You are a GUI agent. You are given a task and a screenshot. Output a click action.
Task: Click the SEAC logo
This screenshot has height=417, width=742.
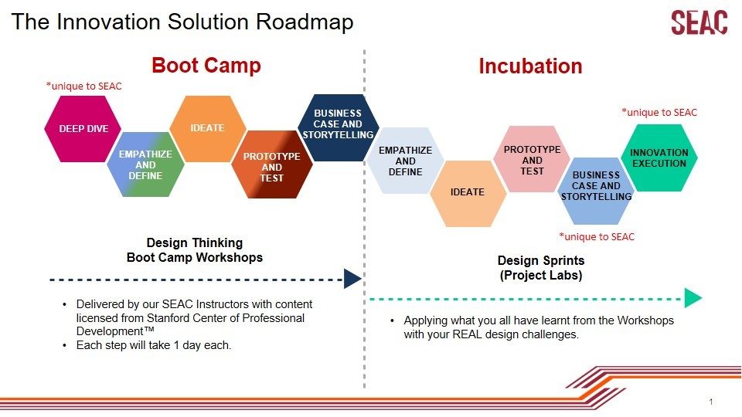pyautogui.click(x=699, y=22)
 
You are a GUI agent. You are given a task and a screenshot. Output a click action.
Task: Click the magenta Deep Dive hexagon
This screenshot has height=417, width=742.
pyautogui.click(x=83, y=129)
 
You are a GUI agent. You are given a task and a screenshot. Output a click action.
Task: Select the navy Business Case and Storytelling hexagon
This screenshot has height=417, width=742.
pyautogui.click(x=338, y=127)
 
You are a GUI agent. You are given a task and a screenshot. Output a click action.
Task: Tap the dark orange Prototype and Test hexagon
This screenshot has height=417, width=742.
pyautogui.click(x=271, y=164)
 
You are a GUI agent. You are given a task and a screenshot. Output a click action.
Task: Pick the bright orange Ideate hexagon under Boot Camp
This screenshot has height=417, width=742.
pyautogui.click(x=207, y=129)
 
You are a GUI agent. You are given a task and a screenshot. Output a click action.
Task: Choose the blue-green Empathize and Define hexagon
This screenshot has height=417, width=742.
pyautogui.click(x=145, y=164)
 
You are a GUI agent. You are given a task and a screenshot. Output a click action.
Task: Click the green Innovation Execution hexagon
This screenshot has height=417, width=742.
pyautogui.click(x=659, y=158)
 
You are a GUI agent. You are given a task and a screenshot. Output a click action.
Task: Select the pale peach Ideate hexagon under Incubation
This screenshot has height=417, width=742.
pyautogui.click(x=468, y=193)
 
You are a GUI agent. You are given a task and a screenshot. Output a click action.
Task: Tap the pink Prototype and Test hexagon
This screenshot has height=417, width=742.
pyautogui.click(x=532, y=159)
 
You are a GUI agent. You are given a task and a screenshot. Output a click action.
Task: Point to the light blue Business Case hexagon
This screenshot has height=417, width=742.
pyautogui.click(x=596, y=191)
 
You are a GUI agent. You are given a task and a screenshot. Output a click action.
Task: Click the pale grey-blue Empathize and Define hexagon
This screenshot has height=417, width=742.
pyautogui.click(x=405, y=161)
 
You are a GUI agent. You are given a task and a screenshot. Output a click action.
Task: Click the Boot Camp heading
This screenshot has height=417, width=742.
pyautogui.click(x=206, y=65)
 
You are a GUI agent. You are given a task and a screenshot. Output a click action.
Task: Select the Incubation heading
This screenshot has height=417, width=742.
pyautogui.click(x=530, y=66)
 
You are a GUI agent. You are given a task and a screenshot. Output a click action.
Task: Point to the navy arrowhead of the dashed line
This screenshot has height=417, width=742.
pyautogui.click(x=352, y=279)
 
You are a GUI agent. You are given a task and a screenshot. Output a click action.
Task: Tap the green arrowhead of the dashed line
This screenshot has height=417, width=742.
pyautogui.click(x=693, y=298)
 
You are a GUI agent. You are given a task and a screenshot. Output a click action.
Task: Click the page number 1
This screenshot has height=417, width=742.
pyautogui.click(x=711, y=402)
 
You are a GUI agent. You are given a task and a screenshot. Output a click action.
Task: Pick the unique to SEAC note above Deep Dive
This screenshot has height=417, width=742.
pyautogui.click(x=83, y=86)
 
